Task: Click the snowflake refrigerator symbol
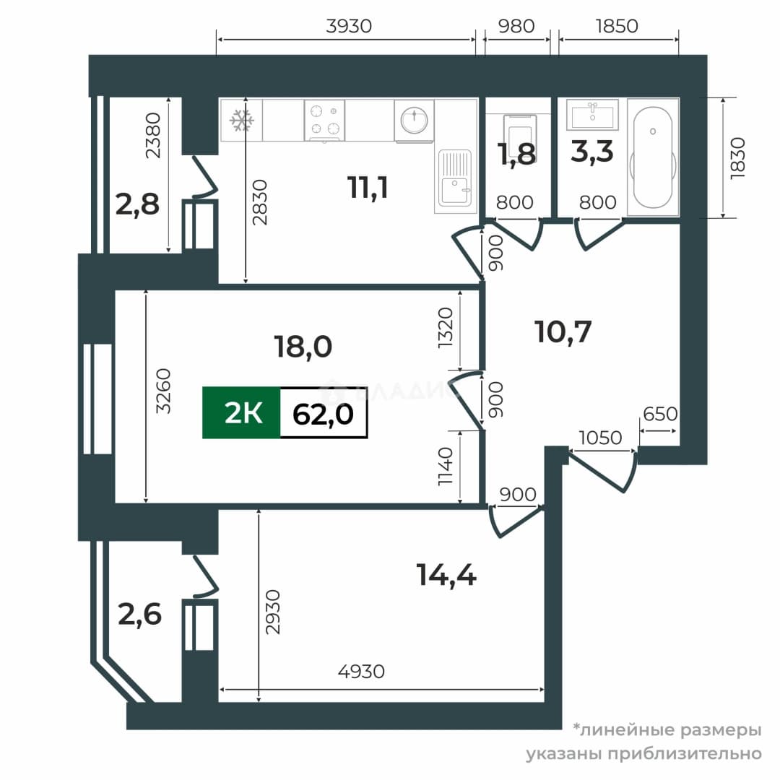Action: [x=241, y=121]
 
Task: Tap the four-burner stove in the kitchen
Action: [x=324, y=121]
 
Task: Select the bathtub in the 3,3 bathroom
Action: [x=653, y=157]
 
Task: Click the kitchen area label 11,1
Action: [x=368, y=188]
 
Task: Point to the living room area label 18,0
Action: [x=303, y=346]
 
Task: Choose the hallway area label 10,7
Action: [x=563, y=331]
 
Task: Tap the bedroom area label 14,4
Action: [x=447, y=575]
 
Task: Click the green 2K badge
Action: [x=242, y=413]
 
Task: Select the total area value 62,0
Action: [x=324, y=414]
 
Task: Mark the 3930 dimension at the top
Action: [x=349, y=26]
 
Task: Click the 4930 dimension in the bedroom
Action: [x=361, y=672]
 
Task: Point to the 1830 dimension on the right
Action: [x=737, y=158]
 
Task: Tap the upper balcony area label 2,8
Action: [x=137, y=204]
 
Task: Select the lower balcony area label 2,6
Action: [x=140, y=615]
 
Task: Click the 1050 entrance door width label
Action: [x=600, y=438]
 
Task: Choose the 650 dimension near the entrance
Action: [x=660, y=414]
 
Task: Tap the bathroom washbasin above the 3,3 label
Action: [x=592, y=115]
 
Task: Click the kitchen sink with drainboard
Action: [x=455, y=178]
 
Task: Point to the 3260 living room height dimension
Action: [x=163, y=391]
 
